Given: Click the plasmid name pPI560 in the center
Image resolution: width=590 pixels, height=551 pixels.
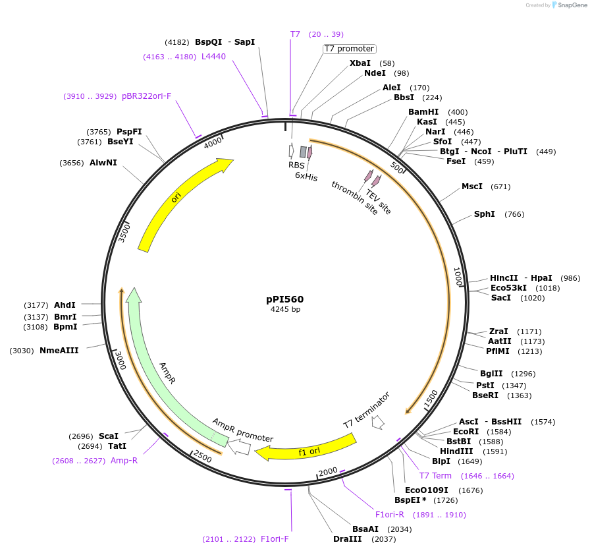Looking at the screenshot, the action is [284, 299].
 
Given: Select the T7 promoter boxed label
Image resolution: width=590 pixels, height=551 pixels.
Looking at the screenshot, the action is [349, 49].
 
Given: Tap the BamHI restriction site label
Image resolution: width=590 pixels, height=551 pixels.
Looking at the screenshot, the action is [423, 112].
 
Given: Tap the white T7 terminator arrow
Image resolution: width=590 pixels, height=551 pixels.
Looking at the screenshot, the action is [378, 422].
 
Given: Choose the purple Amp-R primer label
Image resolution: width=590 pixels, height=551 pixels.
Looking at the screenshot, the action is [124, 461].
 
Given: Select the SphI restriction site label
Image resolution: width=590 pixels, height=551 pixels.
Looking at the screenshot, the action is [485, 214].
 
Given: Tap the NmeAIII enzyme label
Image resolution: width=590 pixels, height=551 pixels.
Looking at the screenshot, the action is [59, 351].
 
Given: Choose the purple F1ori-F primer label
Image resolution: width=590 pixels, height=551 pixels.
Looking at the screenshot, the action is [275, 539].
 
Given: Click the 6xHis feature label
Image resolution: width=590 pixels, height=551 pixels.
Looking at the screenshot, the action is [306, 177].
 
